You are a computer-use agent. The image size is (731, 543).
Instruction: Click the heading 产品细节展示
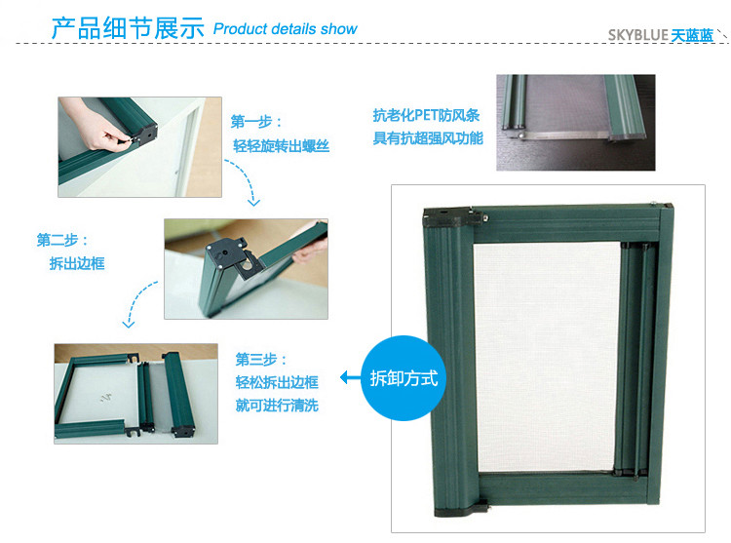[128, 28]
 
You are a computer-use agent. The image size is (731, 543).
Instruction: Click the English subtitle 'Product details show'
[285, 29]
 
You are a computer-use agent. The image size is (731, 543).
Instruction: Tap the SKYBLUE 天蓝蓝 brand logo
[661, 35]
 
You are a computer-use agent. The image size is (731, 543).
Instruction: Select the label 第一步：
[256, 122]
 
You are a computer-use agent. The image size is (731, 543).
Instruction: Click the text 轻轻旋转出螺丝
[281, 146]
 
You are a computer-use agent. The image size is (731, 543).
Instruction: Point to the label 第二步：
[62, 240]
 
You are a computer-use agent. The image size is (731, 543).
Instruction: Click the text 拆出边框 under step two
[77, 263]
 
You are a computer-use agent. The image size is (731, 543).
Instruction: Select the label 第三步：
[261, 360]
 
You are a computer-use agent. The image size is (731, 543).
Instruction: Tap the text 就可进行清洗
[277, 405]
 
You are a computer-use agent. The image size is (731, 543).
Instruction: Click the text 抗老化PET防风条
[426, 115]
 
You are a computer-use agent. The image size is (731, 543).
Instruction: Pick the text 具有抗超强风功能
[428, 138]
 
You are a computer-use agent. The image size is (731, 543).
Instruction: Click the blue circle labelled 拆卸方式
[404, 378]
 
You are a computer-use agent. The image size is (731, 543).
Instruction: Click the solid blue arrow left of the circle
[351, 377]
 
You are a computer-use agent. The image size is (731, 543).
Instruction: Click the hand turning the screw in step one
[96, 125]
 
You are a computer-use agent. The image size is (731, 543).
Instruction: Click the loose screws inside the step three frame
[106, 398]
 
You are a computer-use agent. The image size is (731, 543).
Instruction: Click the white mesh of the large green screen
[547, 357]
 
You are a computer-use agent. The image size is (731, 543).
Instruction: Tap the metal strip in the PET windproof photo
[564, 136]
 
